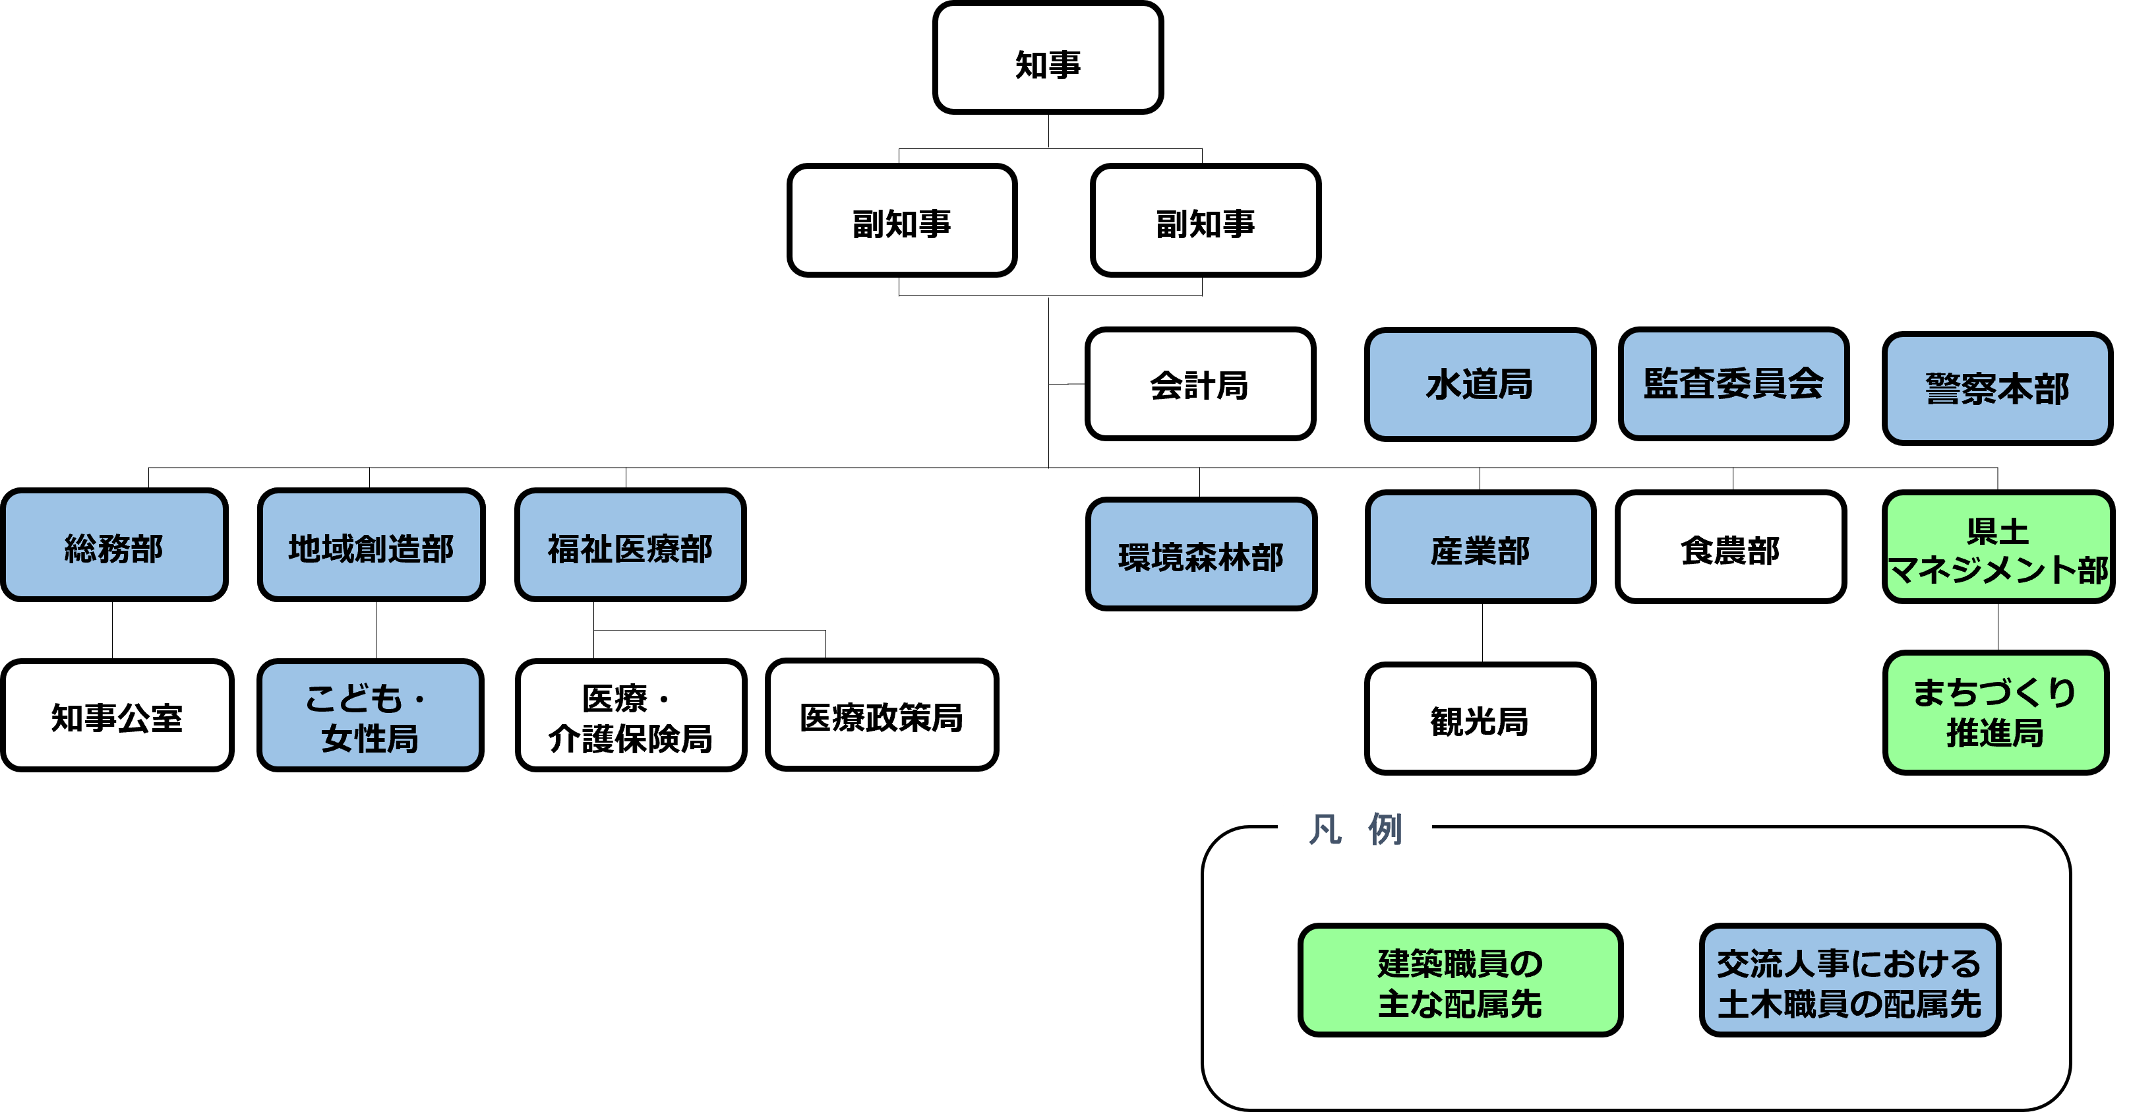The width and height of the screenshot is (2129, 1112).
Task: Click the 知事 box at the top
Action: point(1047,58)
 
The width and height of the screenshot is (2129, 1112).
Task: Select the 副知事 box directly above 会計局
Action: point(1205,221)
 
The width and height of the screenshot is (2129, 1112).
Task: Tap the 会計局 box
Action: point(1200,385)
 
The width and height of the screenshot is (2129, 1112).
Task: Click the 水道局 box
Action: point(1480,385)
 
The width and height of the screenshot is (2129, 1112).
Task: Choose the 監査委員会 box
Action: point(1733,385)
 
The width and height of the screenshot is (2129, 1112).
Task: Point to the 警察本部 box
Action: point(1996,388)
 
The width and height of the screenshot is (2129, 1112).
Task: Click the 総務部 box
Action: point(114,545)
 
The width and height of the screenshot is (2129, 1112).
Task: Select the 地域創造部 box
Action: point(371,545)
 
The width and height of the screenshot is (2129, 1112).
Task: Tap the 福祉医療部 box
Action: point(630,545)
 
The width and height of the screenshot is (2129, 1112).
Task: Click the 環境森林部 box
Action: point(1201,555)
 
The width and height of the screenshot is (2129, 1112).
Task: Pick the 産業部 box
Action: point(1480,547)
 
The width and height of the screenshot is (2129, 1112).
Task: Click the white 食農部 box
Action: point(1730,547)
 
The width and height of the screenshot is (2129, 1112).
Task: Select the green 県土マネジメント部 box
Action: point(1998,547)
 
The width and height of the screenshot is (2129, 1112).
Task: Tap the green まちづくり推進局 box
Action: point(1995,713)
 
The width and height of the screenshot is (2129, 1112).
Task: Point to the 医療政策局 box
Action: point(881,715)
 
